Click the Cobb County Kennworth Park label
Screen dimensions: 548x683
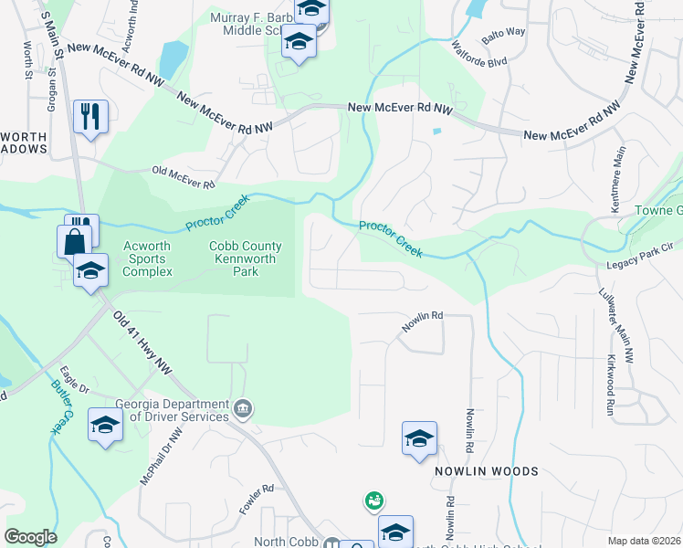click(245, 258)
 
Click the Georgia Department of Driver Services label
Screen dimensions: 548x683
click(173, 411)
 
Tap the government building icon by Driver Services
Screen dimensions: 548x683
click(242, 407)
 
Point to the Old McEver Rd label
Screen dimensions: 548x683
click(183, 177)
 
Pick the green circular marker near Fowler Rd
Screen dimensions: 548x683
click(373, 501)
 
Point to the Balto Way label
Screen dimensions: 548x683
click(505, 33)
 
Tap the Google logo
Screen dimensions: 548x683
click(30, 537)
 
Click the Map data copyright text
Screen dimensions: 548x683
click(643, 541)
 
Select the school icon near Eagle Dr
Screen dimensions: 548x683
click(105, 425)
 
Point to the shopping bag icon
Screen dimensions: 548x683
click(74, 242)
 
